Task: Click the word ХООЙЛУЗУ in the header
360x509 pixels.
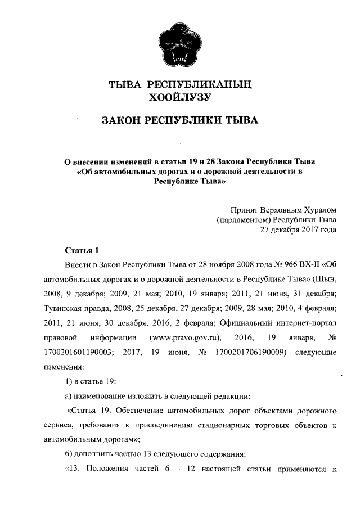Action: [179, 98]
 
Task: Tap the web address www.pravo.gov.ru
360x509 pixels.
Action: [184, 337]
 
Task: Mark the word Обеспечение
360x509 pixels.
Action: [152, 411]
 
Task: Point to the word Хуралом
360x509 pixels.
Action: [321, 209]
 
